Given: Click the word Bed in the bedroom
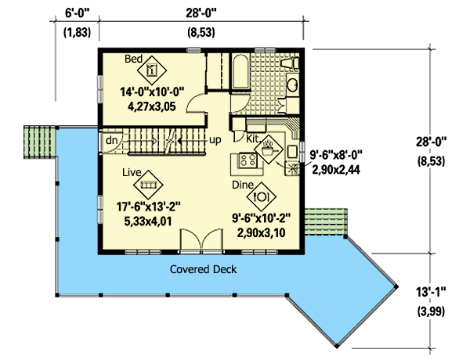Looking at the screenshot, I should [134, 59].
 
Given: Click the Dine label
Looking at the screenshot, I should [243, 185].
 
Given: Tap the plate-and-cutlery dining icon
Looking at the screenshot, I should [263, 196].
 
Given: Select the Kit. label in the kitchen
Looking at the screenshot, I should [253, 138].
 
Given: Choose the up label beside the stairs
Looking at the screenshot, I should [214, 142].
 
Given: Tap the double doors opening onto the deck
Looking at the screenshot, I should [197, 243].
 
